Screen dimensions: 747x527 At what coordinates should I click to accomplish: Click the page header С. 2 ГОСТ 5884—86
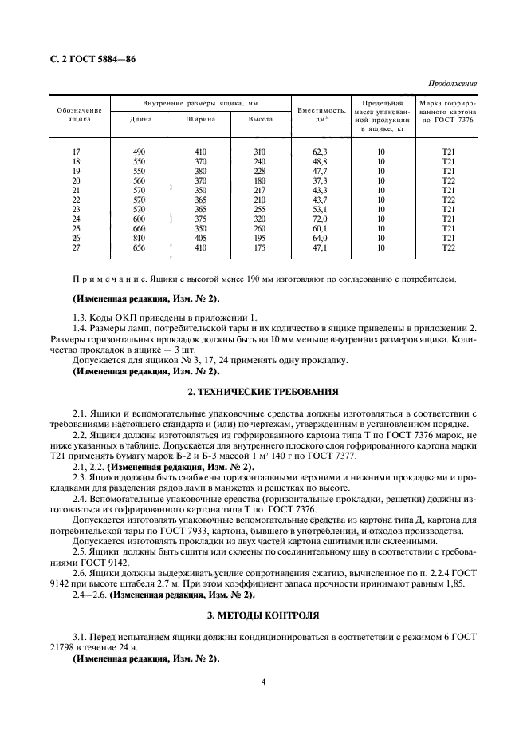pos(89,58)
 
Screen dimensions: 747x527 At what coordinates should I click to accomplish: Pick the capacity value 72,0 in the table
pos(321,219)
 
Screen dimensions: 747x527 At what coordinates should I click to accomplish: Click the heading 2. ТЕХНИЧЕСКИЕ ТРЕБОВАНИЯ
pos(263,393)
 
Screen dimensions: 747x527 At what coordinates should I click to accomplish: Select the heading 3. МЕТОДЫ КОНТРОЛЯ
pos(263,617)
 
